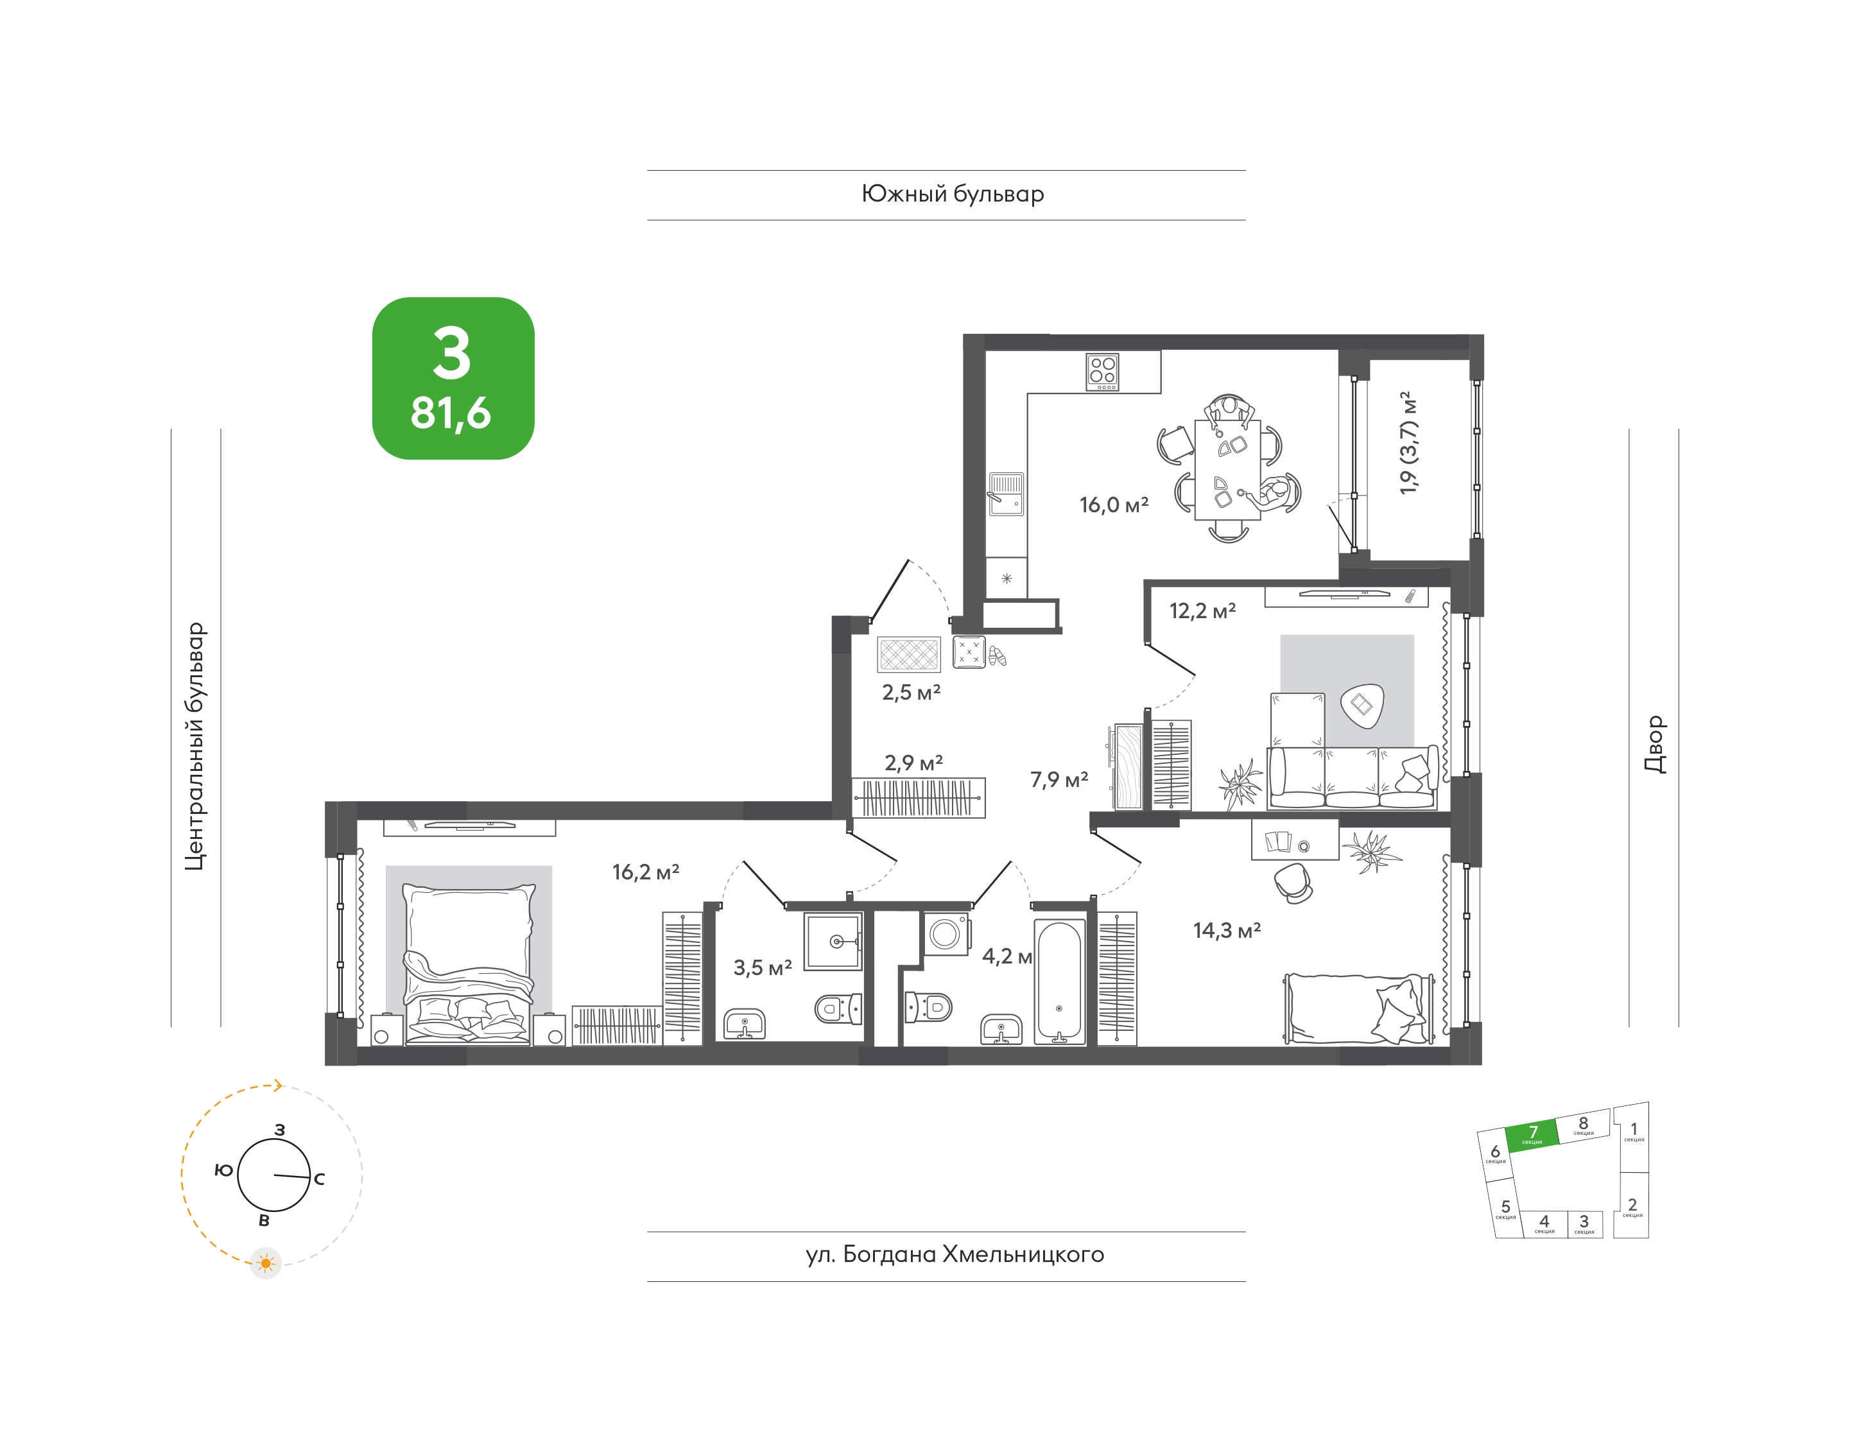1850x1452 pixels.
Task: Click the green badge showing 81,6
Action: coord(453,378)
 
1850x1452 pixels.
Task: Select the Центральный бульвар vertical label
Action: coord(196,747)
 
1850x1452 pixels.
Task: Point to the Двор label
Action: coord(1654,744)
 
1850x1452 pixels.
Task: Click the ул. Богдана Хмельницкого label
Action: coord(955,1255)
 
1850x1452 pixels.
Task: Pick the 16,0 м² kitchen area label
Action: coord(1114,505)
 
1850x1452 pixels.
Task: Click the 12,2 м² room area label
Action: coord(1202,610)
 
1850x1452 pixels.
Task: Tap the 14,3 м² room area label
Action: coord(1227,930)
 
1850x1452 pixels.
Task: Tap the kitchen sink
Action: coord(1006,494)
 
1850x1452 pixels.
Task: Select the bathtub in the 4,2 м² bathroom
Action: coord(1059,982)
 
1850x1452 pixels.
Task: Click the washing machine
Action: coord(946,933)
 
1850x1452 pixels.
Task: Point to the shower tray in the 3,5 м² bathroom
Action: coord(833,941)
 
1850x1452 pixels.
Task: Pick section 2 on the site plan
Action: coord(1632,1205)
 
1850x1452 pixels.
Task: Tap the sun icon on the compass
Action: coord(266,1263)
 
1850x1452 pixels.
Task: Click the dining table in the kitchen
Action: coord(1228,469)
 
